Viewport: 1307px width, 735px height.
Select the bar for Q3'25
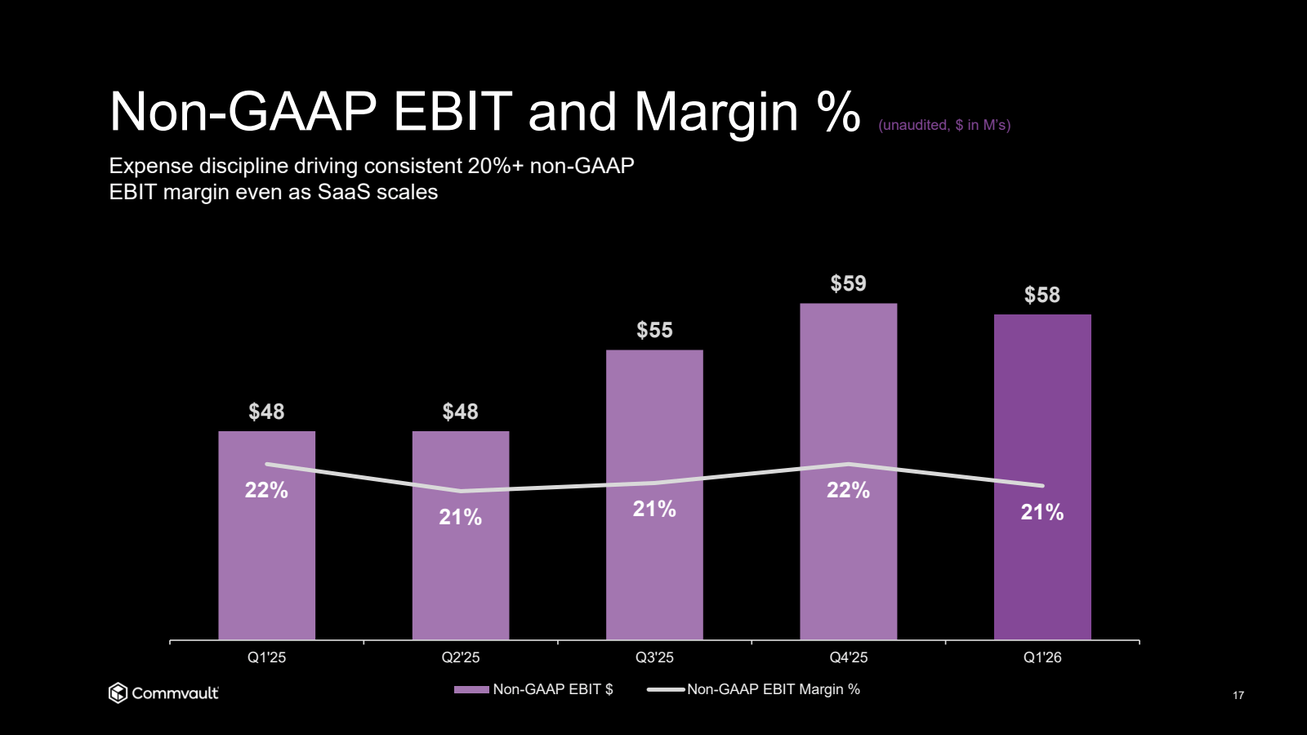pos(654,572)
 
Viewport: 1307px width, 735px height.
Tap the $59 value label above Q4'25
pos(848,283)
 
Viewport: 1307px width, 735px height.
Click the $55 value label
pos(654,330)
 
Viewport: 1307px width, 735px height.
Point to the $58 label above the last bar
pos(1042,295)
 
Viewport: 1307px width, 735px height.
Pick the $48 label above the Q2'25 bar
pos(460,412)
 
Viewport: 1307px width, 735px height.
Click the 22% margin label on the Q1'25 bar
pos(266,490)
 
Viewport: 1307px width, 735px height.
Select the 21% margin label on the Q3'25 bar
pos(654,509)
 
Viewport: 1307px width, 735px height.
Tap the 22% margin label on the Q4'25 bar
pos(848,490)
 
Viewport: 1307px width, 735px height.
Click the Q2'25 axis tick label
pos(460,657)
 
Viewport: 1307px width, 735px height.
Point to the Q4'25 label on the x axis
pos(848,657)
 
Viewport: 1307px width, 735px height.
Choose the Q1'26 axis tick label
pos(1042,657)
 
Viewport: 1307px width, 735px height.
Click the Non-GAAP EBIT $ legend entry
pos(534,689)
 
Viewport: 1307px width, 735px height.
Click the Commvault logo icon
pos(118,693)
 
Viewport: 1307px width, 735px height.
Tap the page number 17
pos(1238,695)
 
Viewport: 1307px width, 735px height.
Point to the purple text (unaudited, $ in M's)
pos(944,125)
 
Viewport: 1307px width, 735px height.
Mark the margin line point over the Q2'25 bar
pos(461,491)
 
